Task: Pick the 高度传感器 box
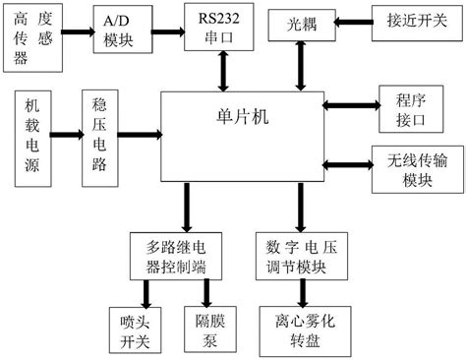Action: coord(34,33)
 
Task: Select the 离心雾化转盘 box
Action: coord(302,330)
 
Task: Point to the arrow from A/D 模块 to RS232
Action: coord(168,24)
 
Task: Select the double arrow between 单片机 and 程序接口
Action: coord(350,103)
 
